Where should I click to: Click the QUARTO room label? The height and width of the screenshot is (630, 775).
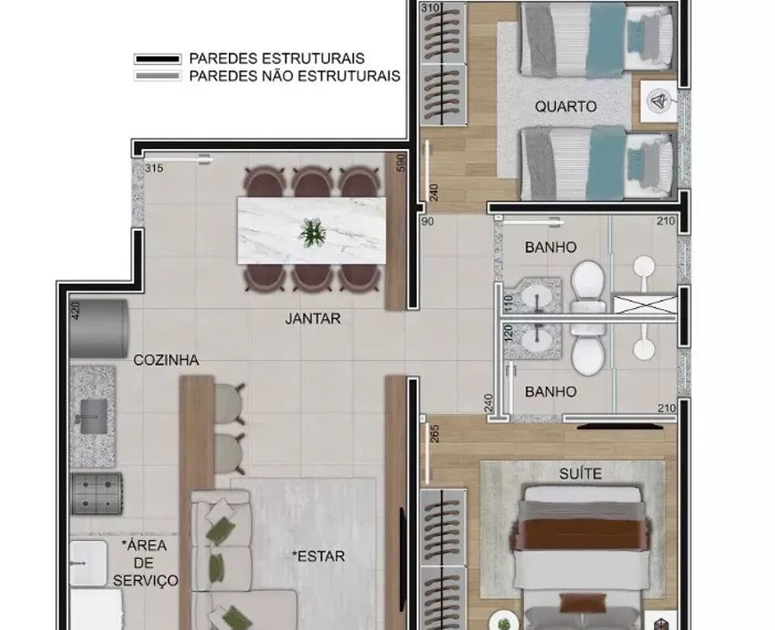click(566, 106)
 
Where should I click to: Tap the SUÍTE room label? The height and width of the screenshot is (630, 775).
click(580, 474)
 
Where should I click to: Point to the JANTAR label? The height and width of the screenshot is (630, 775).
click(313, 318)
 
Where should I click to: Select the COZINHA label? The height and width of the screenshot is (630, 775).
click(166, 360)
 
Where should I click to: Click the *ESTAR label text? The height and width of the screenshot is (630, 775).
click(318, 556)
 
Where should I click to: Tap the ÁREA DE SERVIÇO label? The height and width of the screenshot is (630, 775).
click(145, 563)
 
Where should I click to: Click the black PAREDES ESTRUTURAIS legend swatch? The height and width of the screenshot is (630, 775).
click(158, 59)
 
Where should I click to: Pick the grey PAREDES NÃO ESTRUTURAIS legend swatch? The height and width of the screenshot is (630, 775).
click(158, 76)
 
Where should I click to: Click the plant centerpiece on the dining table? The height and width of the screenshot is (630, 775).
click(313, 232)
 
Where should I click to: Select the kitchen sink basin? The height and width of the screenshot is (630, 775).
click(94, 417)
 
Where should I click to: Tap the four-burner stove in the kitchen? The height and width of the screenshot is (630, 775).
click(96, 494)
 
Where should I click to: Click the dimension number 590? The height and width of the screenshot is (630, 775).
click(401, 163)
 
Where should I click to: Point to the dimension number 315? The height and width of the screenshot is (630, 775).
click(154, 168)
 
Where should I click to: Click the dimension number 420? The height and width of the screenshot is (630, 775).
click(75, 311)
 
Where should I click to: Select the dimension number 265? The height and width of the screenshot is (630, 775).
click(435, 434)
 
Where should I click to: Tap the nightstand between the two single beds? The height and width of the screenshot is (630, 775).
click(659, 102)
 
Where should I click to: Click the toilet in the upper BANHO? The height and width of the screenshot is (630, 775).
click(588, 289)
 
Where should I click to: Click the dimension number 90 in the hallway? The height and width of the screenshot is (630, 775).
click(428, 222)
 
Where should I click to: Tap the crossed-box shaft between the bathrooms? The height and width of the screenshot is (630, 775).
click(645, 304)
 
